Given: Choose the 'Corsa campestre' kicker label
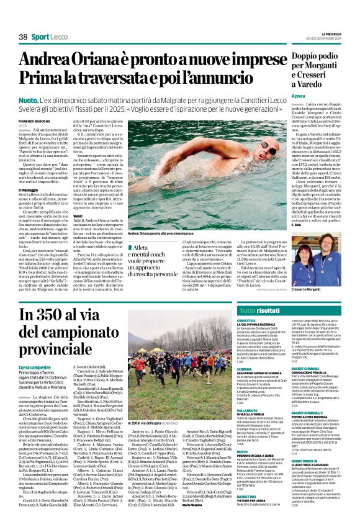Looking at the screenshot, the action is point(36,367).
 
